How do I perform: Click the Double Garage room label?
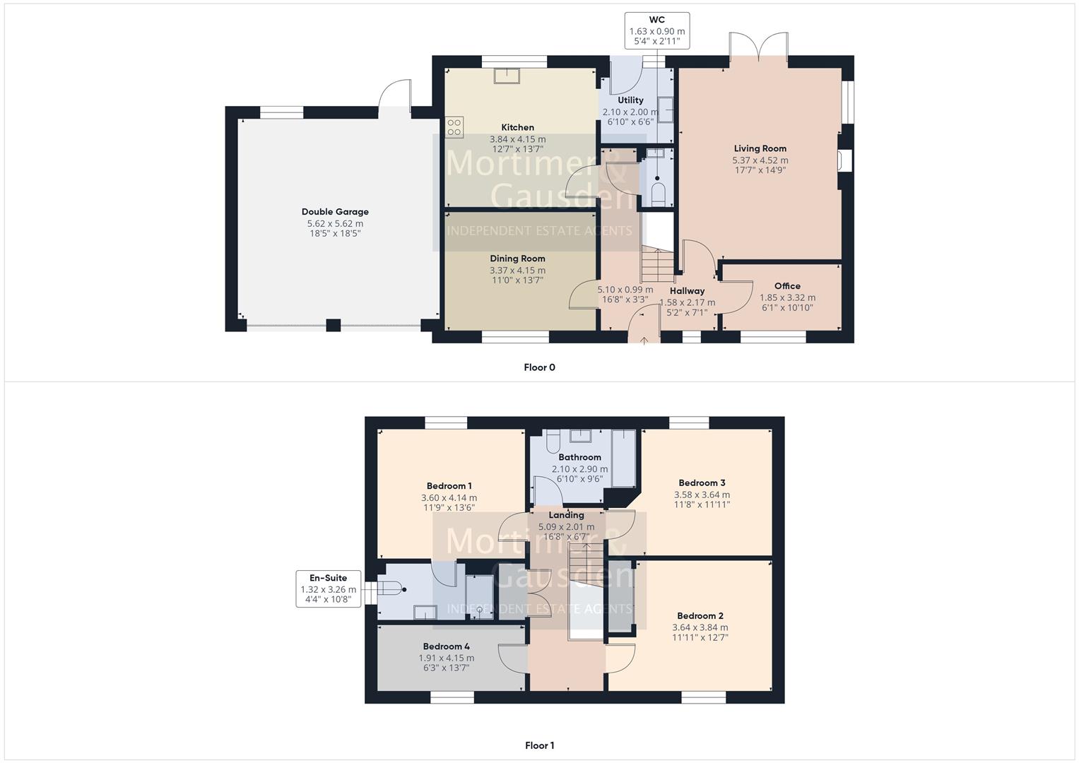click(335, 211)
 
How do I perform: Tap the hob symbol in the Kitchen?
click(454, 127)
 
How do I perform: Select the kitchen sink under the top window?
click(506, 76)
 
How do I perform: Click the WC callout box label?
click(656, 20)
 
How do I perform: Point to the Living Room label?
click(760, 148)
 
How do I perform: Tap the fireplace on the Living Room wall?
click(845, 161)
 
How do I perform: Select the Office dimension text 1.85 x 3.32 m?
click(787, 297)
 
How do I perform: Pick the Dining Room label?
click(517, 259)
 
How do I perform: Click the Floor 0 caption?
click(539, 367)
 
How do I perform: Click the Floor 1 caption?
click(539, 745)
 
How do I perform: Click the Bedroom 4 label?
click(446, 646)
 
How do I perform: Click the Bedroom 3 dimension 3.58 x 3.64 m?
click(702, 495)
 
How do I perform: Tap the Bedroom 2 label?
click(700, 616)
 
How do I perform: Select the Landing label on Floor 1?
click(566, 515)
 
